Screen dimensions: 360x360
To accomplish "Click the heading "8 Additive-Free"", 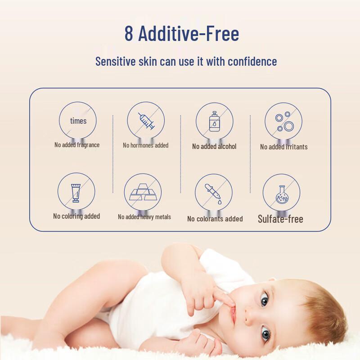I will (x=182, y=34).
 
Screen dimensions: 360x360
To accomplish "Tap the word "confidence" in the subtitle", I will (x=252, y=61).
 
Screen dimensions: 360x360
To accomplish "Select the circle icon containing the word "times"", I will (x=78, y=121).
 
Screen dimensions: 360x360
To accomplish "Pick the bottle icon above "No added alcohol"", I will (x=214, y=121).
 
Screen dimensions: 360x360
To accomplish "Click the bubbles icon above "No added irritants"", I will (x=283, y=121).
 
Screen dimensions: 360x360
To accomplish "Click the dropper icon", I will (x=214, y=193).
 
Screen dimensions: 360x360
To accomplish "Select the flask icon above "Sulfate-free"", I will (x=281, y=193).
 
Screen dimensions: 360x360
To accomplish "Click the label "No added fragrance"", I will (x=77, y=145).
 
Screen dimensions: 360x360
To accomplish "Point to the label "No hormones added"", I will (x=146, y=145).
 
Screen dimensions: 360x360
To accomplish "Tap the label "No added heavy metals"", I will (x=144, y=217).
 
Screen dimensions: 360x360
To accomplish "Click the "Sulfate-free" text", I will (x=280, y=219).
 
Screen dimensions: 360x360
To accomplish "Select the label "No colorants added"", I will (x=215, y=219).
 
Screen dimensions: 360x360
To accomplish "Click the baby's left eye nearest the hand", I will (x=264, y=298).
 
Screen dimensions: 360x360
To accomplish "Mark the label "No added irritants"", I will (x=283, y=147).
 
